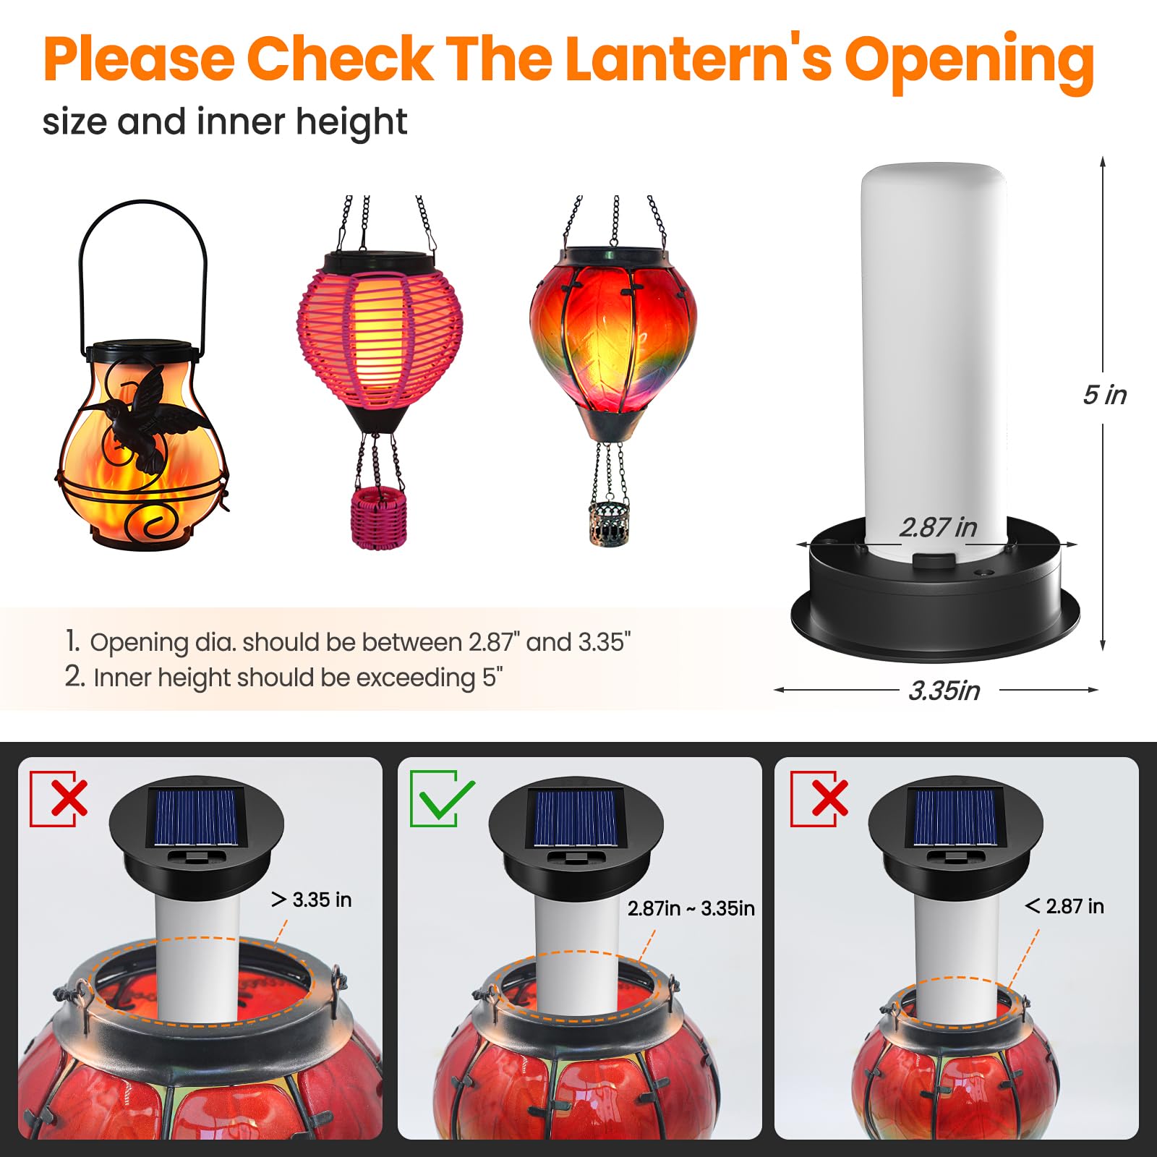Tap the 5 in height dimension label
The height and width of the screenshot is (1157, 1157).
click(x=1103, y=395)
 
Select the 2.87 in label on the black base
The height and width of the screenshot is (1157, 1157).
click(x=937, y=527)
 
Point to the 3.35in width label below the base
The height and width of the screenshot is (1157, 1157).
click(x=944, y=691)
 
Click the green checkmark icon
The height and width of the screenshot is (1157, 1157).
click(x=441, y=798)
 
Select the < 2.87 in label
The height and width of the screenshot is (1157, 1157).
click(x=1064, y=906)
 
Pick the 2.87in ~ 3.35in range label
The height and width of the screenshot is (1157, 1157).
click(x=691, y=908)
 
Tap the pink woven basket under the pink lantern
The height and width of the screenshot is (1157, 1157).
click(x=378, y=517)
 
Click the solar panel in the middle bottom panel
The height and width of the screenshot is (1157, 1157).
click(x=576, y=817)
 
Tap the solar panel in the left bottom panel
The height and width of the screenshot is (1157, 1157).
click(x=197, y=817)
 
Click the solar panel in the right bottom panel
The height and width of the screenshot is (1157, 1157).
click(x=955, y=817)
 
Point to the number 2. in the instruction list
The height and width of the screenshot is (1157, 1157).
click(x=74, y=676)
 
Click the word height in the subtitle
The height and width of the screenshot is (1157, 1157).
click(x=351, y=121)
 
